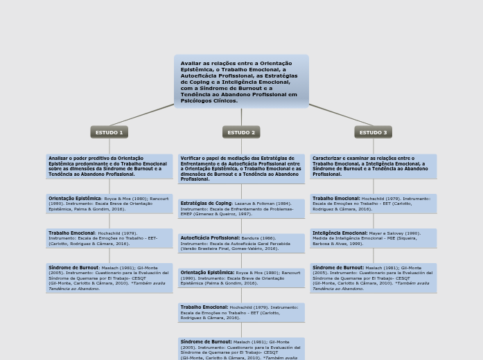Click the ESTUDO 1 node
pyautogui.click(x=109, y=132)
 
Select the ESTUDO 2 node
pyautogui.click(x=241, y=132)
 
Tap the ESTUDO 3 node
pyautogui.click(x=373, y=132)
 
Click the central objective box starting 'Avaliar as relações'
pyautogui.click(x=241, y=82)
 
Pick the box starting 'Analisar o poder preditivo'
pyautogui.click(x=109, y=166)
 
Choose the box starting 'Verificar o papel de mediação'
pyautogui.click(x=241, y=169)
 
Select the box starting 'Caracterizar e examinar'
pyautogui.click(x=373, y=166)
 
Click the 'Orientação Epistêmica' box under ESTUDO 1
pyautogui.click(x=109, y=204)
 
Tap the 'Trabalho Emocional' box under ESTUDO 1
pyautogui.click(x=109, y=238)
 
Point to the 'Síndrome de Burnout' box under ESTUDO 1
pyautogui.click(x=109, y=278)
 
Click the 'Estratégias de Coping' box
pyautogui.click(x=241, y=208)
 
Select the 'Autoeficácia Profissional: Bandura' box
pyautogui.click(x=241, y=243)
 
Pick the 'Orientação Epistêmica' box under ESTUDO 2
pyautogui.click(x=241, y=278)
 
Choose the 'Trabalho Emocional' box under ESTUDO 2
pyautogui.click(x=241, y=312)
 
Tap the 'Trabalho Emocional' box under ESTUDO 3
pyautogui.click(x=373, y=204)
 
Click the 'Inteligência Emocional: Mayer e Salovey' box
pyautogui.click(x=373, y=238)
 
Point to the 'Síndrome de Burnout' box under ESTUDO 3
pyautogui.click(x=373, y=278)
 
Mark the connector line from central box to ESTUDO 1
pyautogui.click(x=141, y=115)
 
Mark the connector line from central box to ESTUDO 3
pyautogui.click(x=341, y=115)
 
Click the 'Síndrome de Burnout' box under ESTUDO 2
pyautogui.click(x=241, y=349)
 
